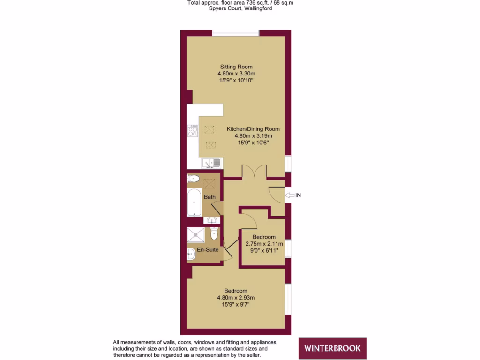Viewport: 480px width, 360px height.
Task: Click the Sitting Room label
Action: click(x=236, y=67)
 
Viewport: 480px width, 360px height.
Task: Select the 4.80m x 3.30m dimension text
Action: click(x=236, y=74)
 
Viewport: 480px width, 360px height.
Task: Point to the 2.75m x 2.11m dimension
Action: click(x=264, y=244)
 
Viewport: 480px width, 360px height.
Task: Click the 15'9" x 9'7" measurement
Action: click(x=235, y=304)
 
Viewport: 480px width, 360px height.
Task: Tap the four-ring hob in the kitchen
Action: click(x=193, y=131)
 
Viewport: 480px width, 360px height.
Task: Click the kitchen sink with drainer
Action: click(x=211, y=163)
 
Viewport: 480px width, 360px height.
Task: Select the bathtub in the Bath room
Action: click(x=194, y=202)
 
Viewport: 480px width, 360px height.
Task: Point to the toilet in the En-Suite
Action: click(x=214, y=233)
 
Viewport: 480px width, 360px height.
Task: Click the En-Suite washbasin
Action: click(x=190, y=255)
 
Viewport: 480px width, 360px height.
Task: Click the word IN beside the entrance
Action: click(x=298, y=195)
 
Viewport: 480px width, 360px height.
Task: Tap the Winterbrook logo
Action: click(x=332, y=348)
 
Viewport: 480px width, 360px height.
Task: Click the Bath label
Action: click(x=210, y=197)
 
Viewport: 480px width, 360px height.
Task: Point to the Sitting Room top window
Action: click(x=236, y=33)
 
